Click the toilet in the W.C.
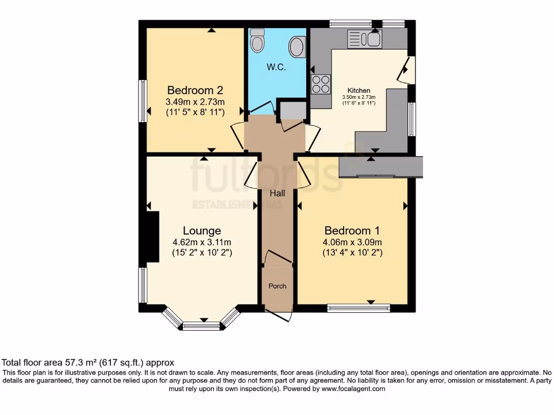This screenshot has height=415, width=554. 258,41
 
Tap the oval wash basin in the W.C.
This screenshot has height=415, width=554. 296,47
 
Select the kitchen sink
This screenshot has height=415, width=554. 365,38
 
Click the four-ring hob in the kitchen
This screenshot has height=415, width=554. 321,85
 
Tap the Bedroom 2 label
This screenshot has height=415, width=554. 195,90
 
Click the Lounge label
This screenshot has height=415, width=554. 202,231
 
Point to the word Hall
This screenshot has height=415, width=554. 278,193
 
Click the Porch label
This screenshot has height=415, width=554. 278,286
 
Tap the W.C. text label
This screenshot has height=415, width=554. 276,68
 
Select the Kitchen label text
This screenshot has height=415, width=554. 359,90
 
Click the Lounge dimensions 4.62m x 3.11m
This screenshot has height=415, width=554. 202,242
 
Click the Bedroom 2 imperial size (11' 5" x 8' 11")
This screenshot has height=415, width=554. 195,112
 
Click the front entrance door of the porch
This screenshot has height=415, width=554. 279,317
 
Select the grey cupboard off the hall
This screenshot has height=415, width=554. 292,110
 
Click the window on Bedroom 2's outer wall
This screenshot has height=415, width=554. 143,101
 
